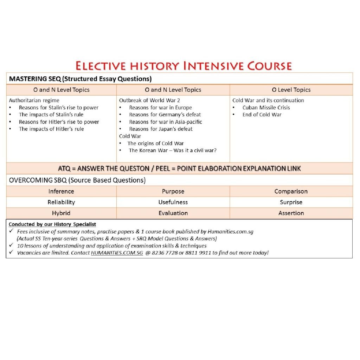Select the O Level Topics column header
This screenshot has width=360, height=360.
[x=291, y=90]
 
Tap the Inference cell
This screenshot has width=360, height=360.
[x=61, y=191]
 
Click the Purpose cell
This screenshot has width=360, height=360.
[x=173, y=191]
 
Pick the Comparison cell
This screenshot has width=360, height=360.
[x=291, y=191]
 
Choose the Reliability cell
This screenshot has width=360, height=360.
[x=61, y=202]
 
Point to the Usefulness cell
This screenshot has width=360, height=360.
[x=173, y=202]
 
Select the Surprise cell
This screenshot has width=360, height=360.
[x=291, y=202]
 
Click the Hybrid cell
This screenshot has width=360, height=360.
[x=61, y=213]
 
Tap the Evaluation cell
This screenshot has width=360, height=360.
[x=173, y=213]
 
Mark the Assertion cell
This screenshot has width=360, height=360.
[x=291, y=213]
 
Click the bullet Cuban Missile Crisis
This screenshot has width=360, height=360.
[x=266, y=108]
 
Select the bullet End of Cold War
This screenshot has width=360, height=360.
[x=262, y=115]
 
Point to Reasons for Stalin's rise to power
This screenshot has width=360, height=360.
[x=58, y=108]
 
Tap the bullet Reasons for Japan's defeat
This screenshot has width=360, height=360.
[x=161, y=129]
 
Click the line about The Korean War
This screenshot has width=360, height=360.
[x=172, y=150]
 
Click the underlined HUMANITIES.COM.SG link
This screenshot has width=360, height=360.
[x=117, y=253]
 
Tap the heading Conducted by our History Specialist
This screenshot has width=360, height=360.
[x=52, y=224]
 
